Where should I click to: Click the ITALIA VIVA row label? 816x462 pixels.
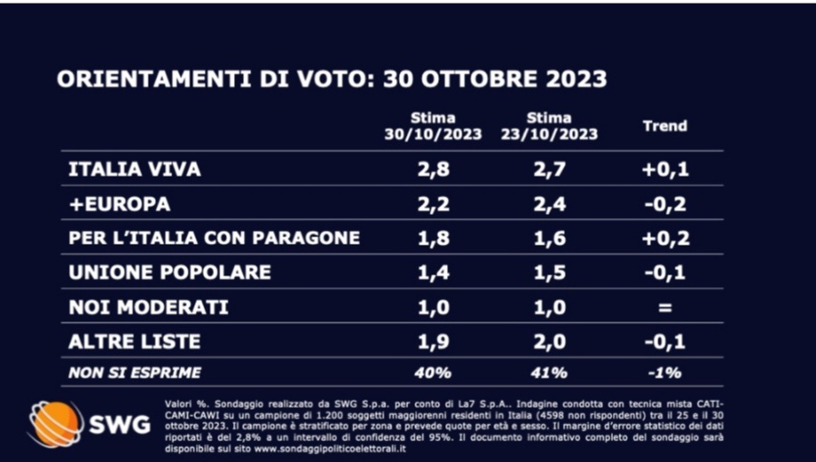coord(134,169)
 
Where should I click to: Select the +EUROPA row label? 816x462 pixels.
coord(119,204)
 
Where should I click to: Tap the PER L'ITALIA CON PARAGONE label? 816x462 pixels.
coord(214,238)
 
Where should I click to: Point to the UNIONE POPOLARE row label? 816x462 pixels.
coord(170,273)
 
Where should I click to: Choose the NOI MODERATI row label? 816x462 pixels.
coord(149,307)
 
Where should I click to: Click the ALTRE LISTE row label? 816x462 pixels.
coord(134,342)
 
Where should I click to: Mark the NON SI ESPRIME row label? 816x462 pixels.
coord(135,372)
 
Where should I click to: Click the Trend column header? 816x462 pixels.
coord(665,126)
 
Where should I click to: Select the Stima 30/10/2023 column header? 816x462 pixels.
coord(433,126)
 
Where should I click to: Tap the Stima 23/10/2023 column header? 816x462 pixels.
coord(549,126)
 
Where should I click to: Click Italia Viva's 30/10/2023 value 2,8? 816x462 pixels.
coord(433,169)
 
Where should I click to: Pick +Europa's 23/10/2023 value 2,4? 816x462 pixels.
coord(549,204)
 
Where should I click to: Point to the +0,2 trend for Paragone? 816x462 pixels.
coord(665,238)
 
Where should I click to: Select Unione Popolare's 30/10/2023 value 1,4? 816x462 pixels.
coord(433,273)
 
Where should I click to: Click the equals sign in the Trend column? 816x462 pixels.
coord(665,308)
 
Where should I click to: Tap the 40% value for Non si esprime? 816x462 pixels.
coord(433,372)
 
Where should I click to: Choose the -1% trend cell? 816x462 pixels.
coord(665,372)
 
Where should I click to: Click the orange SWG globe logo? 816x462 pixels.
coord(55,424)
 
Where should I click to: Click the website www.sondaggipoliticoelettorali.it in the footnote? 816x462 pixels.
coord(329,448)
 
